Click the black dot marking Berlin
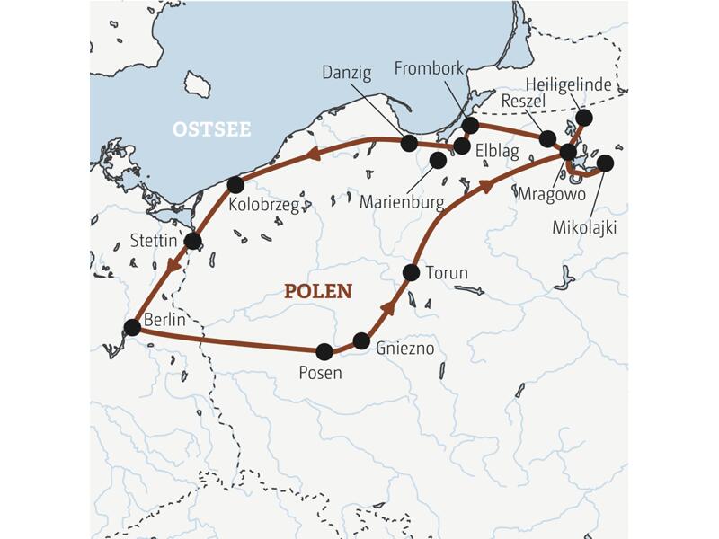click(x=132, y=328)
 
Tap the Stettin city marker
click(x=192, y=241)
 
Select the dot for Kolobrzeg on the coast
click(x=235, y=185)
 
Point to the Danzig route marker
click(x=409, y=143)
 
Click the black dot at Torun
click(x=412, y=271)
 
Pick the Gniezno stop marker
click(x=361, y=340)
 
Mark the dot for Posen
click(x=324, y=351)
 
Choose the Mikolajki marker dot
click(x=605, y=163)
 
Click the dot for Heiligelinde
click(x=584, y=118)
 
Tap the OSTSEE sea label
click(x=211, y=130)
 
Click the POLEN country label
click(x=318, y=292)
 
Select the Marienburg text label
click(x=401, y=202)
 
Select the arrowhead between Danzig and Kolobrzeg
click(x=314, y=154)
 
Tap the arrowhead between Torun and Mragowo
click(x=485, y=186)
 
